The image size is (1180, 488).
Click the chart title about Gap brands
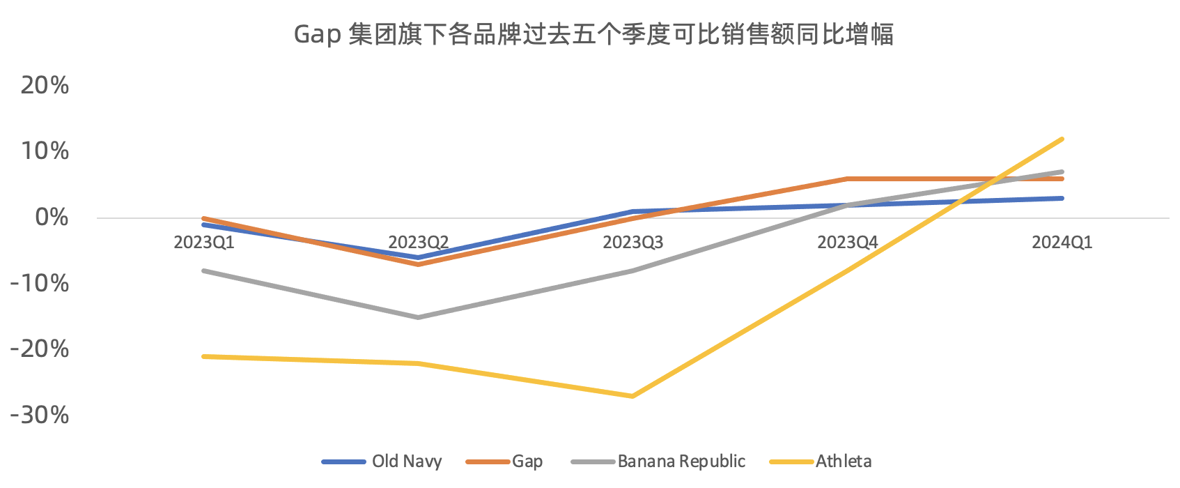pos(593,35)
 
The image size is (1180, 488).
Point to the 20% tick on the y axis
pos(45,85)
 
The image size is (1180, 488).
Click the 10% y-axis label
pos(45,151)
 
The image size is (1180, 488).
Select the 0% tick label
pos(52,217)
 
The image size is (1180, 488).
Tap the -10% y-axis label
pos(40,284)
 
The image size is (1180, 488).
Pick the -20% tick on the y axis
pos(40,349)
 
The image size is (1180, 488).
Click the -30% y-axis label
pos(40,415)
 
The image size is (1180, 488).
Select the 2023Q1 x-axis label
pos(204,243)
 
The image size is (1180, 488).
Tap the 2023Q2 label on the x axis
pos(418,243)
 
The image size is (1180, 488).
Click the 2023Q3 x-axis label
pos(632,243)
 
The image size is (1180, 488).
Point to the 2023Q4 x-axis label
pos(848,243)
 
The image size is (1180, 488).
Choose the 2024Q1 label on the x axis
pos(1062,243)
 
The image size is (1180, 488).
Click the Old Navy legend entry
pos(382,462)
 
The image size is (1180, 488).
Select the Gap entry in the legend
pos(504,462)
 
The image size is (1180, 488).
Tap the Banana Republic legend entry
pos(658,462)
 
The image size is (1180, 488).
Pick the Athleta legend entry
pos(820,462)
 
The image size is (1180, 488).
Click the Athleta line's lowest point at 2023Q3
pos(632,396)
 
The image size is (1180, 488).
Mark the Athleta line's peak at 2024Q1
pos(1062,139)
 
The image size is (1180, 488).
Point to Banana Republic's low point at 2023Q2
pos(418,317)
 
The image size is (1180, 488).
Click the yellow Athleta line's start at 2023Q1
pos(204,357)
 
